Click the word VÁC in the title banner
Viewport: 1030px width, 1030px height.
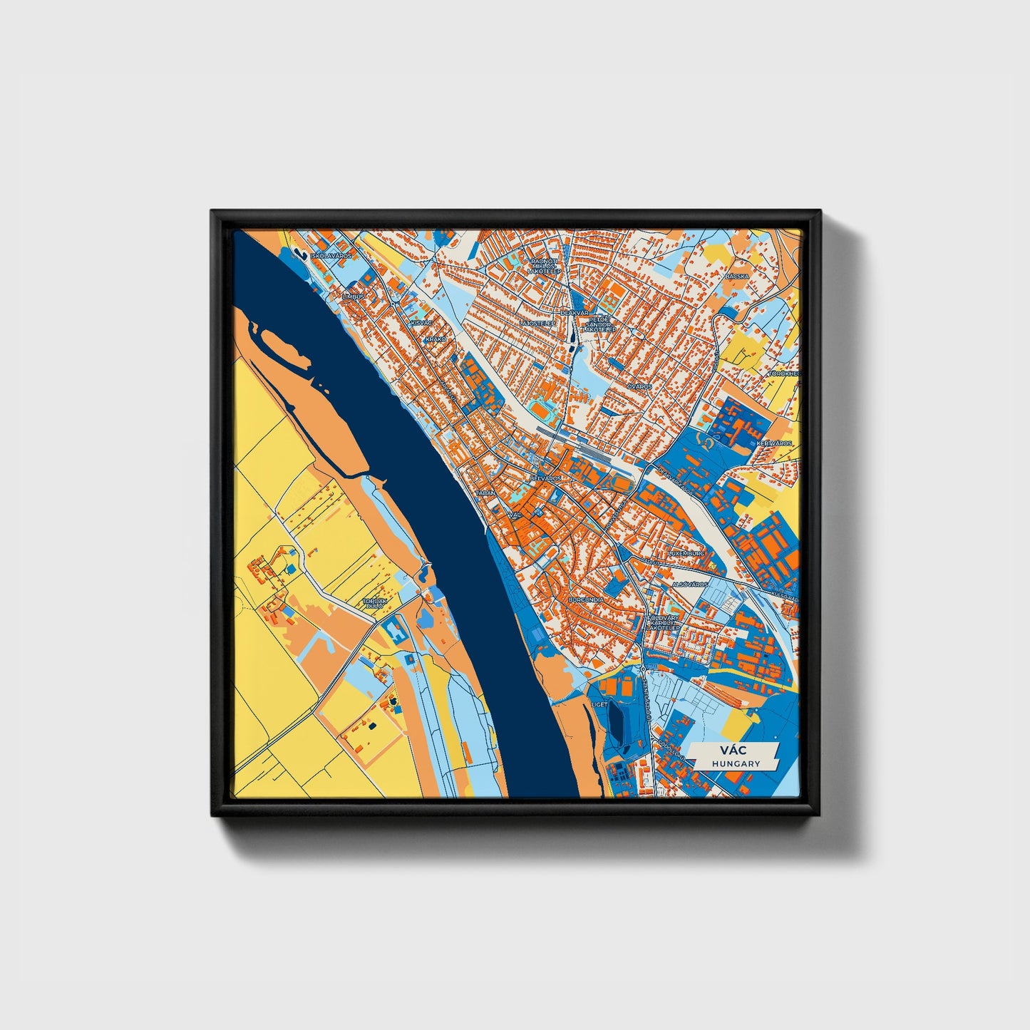coord(733,751)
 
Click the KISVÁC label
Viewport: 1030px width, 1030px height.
coord(420,323)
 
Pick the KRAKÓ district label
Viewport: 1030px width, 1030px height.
coord(435,339)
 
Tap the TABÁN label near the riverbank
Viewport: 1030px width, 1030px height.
coord(485,493)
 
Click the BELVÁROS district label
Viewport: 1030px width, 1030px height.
coord(545,478)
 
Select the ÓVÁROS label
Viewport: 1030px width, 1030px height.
coord(639,386)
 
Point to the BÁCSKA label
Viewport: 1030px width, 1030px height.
coord(737,275)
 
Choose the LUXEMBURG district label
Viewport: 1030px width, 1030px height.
coord(686,553)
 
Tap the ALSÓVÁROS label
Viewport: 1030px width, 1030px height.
coord(689,584)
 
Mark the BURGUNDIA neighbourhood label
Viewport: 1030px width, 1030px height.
coord(586,600)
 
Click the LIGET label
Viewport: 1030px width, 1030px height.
coord(599,704)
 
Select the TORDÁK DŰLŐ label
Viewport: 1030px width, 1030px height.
coord(375,604)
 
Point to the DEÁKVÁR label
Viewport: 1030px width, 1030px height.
coord(575,313)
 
